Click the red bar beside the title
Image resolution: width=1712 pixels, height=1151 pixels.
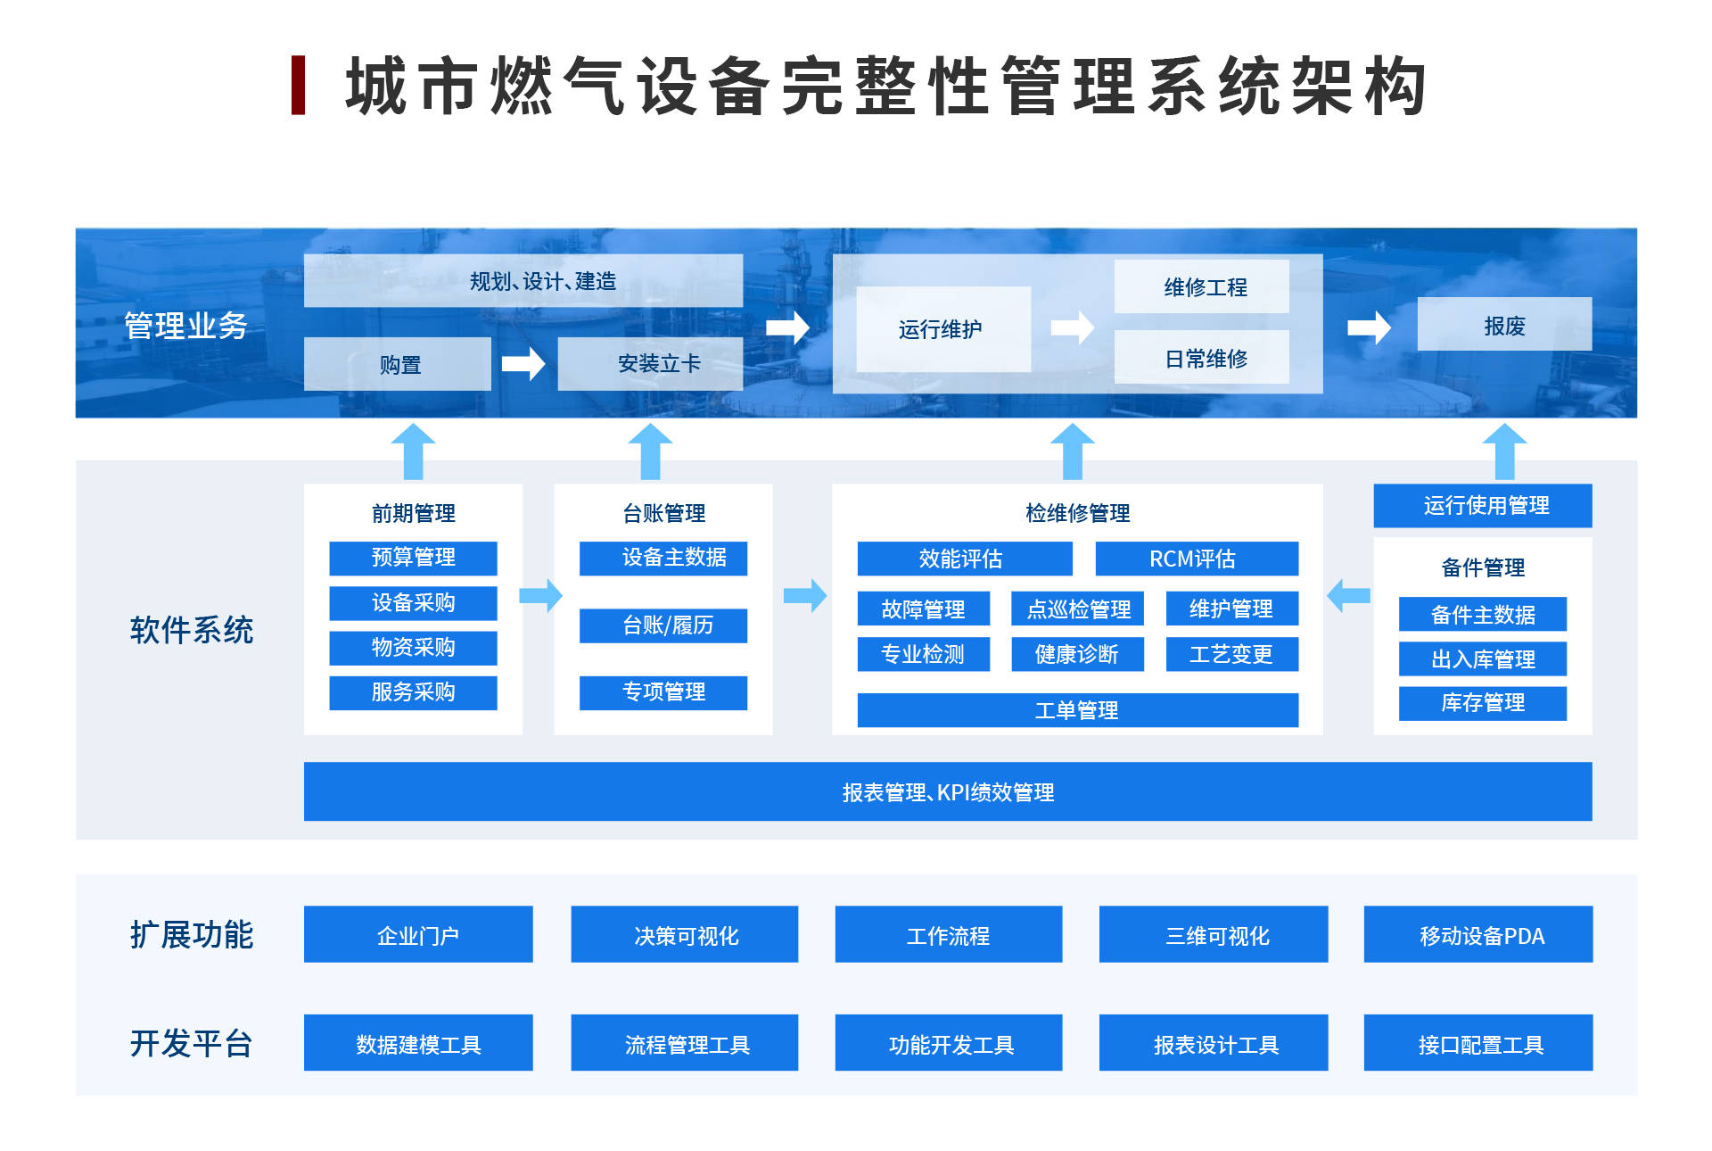pos(299,85)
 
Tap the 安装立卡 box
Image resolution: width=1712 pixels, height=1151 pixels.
pos(650,364)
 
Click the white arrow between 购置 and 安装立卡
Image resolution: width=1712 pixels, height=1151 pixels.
pos(523,363)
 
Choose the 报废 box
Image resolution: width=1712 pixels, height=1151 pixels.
pos(1504,325)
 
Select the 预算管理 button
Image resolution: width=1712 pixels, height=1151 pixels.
pos(413,558)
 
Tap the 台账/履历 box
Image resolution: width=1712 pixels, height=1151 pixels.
pos(663,625)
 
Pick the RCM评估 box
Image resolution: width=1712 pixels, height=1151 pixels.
pos(1196,559)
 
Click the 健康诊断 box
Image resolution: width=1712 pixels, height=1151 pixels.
pos(1077,654)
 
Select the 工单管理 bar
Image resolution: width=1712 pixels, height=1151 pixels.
pos(1077,710)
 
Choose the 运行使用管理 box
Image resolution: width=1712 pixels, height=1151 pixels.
pos(1483,506)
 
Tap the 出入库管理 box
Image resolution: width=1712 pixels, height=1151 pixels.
pos(1483,659)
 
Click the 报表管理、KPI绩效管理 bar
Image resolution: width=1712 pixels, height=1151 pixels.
pos(948,791)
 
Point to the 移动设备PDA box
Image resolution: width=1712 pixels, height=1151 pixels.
pos(1478,934)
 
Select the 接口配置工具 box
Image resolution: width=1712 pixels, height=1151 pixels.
pos(1478,1043)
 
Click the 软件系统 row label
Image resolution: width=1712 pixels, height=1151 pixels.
pos(192,630)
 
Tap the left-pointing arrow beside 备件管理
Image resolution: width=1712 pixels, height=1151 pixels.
pos(1348,595)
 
